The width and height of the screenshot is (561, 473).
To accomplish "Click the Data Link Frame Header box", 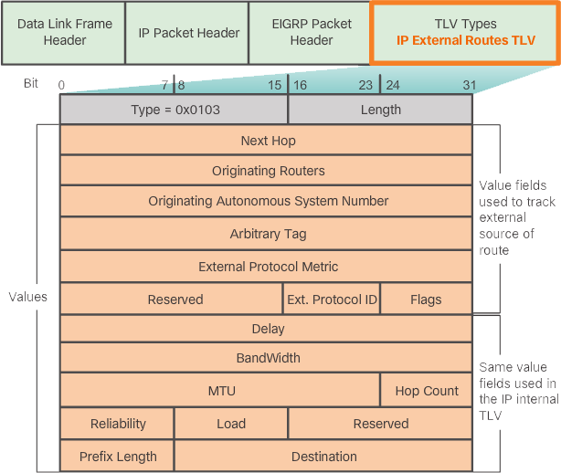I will point(65,33).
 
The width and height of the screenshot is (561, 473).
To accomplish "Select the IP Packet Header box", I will point(189,33).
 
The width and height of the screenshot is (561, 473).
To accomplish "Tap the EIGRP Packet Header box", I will point(312,33).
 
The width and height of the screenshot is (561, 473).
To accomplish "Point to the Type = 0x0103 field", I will point(175,110).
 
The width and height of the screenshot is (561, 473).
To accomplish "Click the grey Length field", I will point(380,110).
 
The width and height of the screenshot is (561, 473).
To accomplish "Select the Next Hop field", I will point(267,141).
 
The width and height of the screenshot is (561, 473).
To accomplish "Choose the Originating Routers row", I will point(267,171).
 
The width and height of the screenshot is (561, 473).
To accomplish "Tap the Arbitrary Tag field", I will point(267,234).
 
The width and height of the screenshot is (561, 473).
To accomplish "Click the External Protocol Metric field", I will point(267,267).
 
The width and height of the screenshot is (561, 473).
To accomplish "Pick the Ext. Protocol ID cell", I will point(332,299).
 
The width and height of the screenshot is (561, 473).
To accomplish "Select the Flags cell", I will point(426,299).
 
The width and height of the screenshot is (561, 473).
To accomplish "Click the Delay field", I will point(267,329).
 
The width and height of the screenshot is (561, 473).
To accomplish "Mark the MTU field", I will point(220,391).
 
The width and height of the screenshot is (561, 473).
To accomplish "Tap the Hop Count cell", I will point(426,391).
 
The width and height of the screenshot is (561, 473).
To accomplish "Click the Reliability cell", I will point(117,424).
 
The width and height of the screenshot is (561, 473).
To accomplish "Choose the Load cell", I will point(230,424).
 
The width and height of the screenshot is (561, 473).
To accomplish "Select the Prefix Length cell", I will point(117,456).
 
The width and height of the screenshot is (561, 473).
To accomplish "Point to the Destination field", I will point(323,456).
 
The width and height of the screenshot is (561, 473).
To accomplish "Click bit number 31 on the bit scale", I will point(470,85).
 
